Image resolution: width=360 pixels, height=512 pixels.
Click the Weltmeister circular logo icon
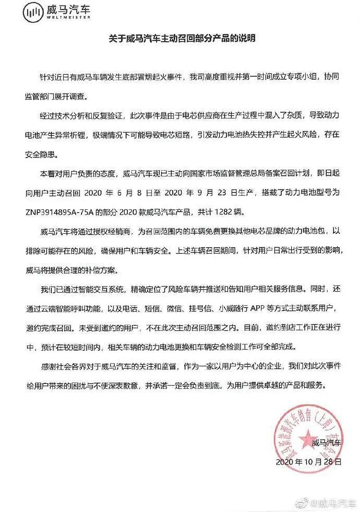click(33, 15)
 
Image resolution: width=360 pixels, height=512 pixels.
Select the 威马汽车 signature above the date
click(327, 444)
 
